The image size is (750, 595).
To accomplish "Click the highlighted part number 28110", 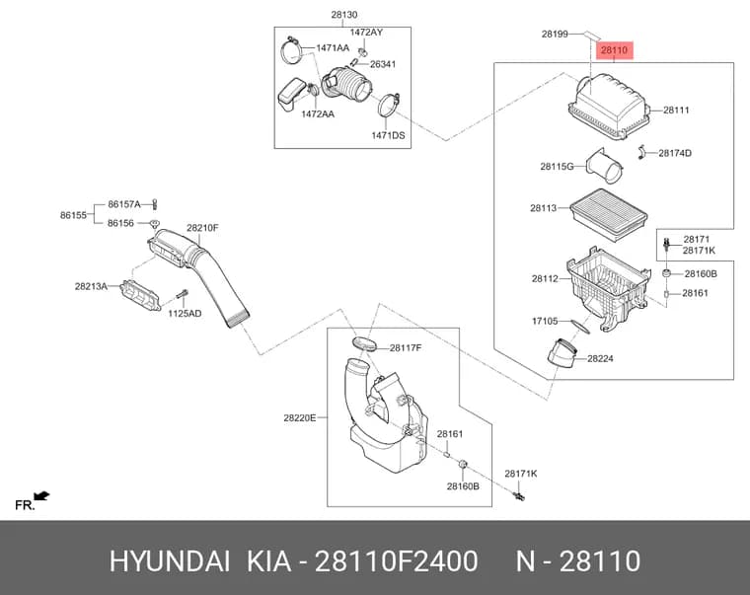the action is [x=614, y=50].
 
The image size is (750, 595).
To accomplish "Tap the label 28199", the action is [x=555, y=34].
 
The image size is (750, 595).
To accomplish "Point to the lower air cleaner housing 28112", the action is [x=609, y=286].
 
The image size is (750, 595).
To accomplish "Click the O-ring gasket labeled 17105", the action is [x=580, y=326].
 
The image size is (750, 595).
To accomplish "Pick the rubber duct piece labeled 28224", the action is [x=562, y=354].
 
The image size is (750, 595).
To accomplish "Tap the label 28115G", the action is [x=557, y=167].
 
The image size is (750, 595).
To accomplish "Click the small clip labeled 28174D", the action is [x=641, y=152].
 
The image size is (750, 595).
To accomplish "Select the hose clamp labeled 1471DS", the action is [x=389, y=105].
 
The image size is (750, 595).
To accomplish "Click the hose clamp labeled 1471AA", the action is [x=291, y=50].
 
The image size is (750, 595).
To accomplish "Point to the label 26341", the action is [x=383, y=64].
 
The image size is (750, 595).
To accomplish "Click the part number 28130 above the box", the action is [x=343, y=15].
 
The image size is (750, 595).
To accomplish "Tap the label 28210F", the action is [x=202, y=228].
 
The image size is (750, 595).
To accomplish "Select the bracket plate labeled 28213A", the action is [x=140, y=296].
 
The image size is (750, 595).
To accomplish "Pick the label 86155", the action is [x=74, y=215].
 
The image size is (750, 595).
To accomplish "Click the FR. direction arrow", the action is [x=41, y=496].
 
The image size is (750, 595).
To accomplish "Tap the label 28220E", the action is [x=300, y=418].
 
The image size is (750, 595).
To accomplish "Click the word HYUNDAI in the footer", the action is [x=170, y=561].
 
